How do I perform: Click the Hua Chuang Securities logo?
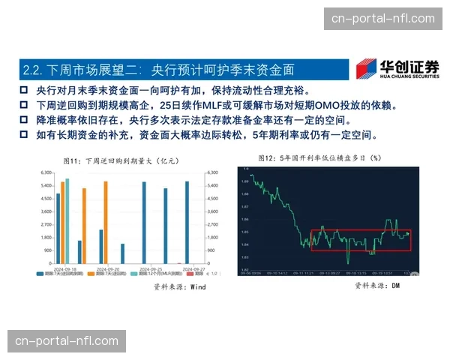click(x=397, y=69)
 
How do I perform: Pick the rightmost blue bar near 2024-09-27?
click(x=187, y=223)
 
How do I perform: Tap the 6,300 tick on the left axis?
click(x=46, y=173)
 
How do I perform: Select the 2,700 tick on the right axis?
click(x=212, y=224)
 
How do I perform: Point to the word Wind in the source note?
click(x=197, y=286)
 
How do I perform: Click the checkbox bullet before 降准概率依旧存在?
click(x=24, y=120)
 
